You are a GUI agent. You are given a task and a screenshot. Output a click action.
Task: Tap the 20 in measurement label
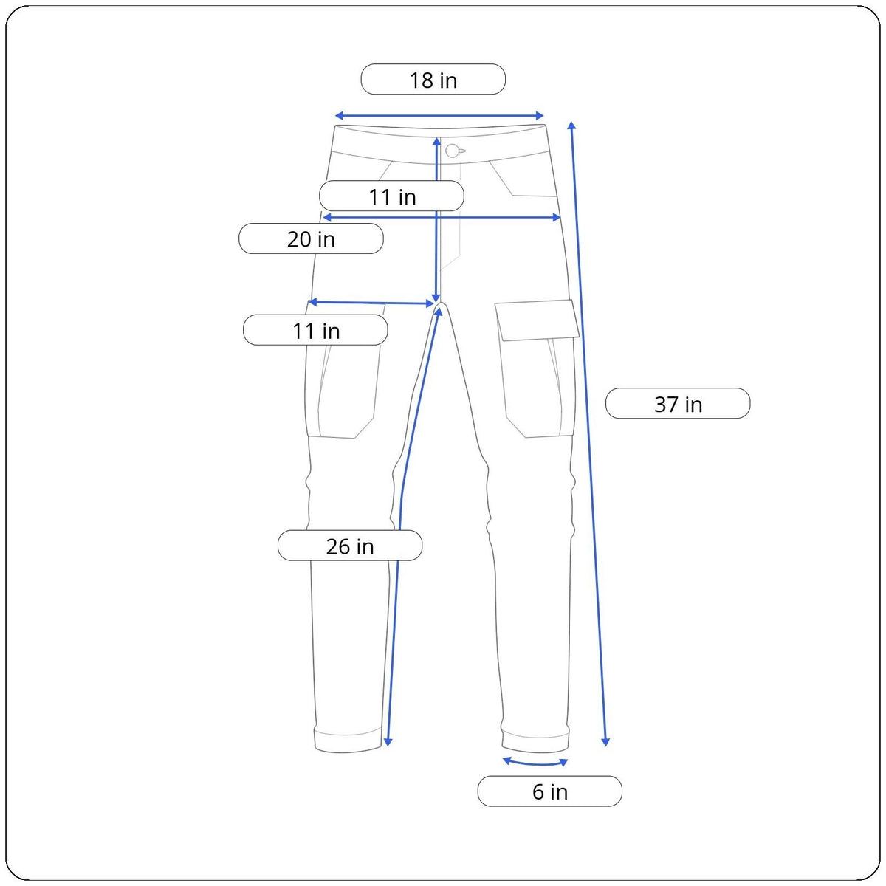point(311,238)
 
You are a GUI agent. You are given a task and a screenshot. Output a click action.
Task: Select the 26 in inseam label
point(350,546)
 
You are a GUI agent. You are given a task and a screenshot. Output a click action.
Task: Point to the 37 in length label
point(678,403)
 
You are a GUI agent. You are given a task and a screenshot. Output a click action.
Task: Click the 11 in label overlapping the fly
point(392,196)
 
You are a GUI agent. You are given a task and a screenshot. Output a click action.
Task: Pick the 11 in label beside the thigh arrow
point(315,329)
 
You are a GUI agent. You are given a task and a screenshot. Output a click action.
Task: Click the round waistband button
point(453,151)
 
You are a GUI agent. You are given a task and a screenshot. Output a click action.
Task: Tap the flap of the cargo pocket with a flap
point(537,320)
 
